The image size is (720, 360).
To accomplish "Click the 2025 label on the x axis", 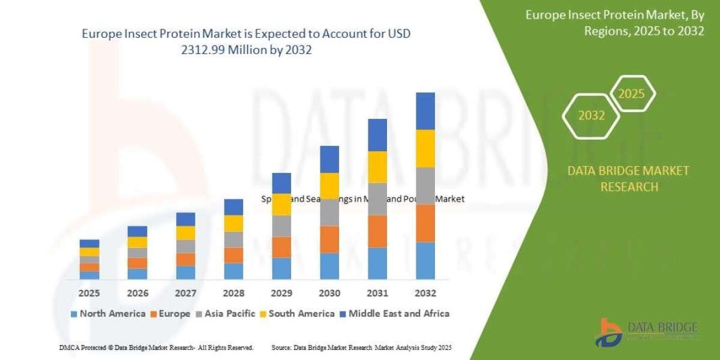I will [89, 293].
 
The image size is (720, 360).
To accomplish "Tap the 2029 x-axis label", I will [281, 293].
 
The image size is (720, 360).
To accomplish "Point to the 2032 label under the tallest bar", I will [425, 293].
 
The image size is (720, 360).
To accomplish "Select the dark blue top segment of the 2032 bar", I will [425, 111].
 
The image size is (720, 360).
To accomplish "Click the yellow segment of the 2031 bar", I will [377, 167].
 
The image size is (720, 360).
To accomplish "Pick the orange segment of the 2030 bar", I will [329, 239].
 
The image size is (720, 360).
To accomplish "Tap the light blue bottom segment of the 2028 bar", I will [233, 271].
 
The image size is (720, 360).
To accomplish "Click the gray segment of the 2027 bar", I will [185, 246].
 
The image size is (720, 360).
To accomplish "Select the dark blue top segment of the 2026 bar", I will [137, 231].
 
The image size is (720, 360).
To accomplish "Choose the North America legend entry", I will [107, 313].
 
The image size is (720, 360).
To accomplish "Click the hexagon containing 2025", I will [632, 94].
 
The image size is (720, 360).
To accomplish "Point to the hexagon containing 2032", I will [591, 116].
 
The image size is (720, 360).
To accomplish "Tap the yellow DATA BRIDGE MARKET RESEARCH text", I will [628, 179].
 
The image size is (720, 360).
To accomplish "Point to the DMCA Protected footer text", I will [156, 347].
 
